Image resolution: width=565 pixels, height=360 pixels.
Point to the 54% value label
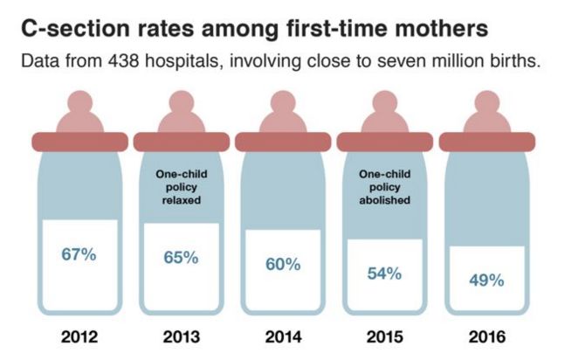click(384, 273)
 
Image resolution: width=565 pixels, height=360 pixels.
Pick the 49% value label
click(486, 280)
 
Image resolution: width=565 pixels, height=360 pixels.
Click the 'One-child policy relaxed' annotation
click(181, 186)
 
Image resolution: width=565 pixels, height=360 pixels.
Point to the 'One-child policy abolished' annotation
click(384, 186)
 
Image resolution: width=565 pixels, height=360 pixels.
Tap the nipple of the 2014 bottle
click(283, 111)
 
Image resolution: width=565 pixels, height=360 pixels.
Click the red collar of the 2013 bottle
click(181, 142)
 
